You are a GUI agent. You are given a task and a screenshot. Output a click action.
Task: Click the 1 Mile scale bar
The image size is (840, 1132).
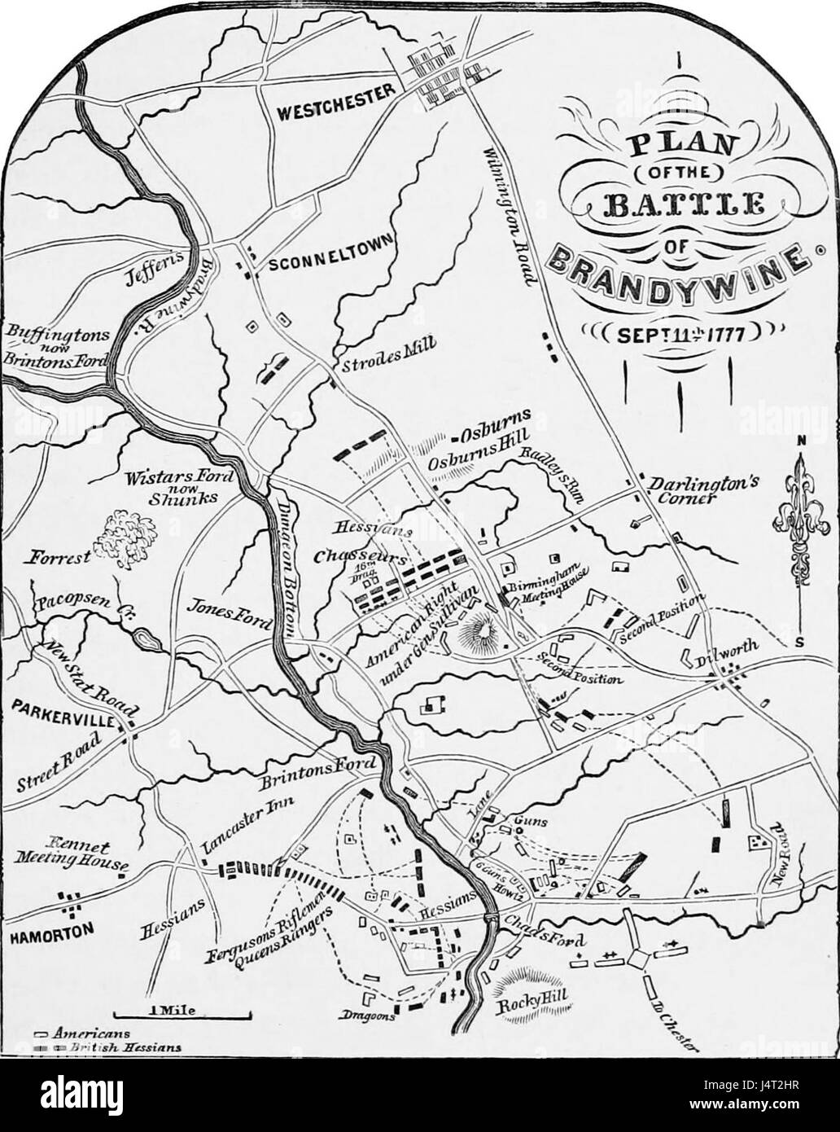click(x=182, y=1015)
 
